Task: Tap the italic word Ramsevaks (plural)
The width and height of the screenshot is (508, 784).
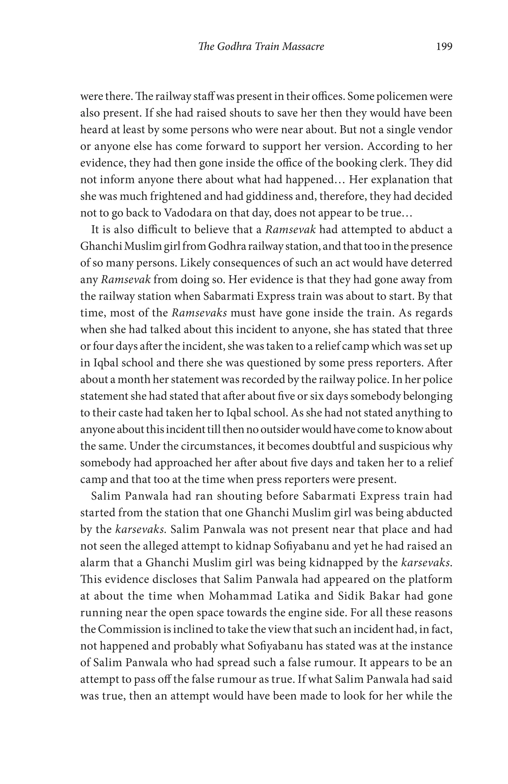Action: pyautogui.click(x=199, y=313)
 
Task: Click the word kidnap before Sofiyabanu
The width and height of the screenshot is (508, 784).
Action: pyautogui.click(x=253, y=546)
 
